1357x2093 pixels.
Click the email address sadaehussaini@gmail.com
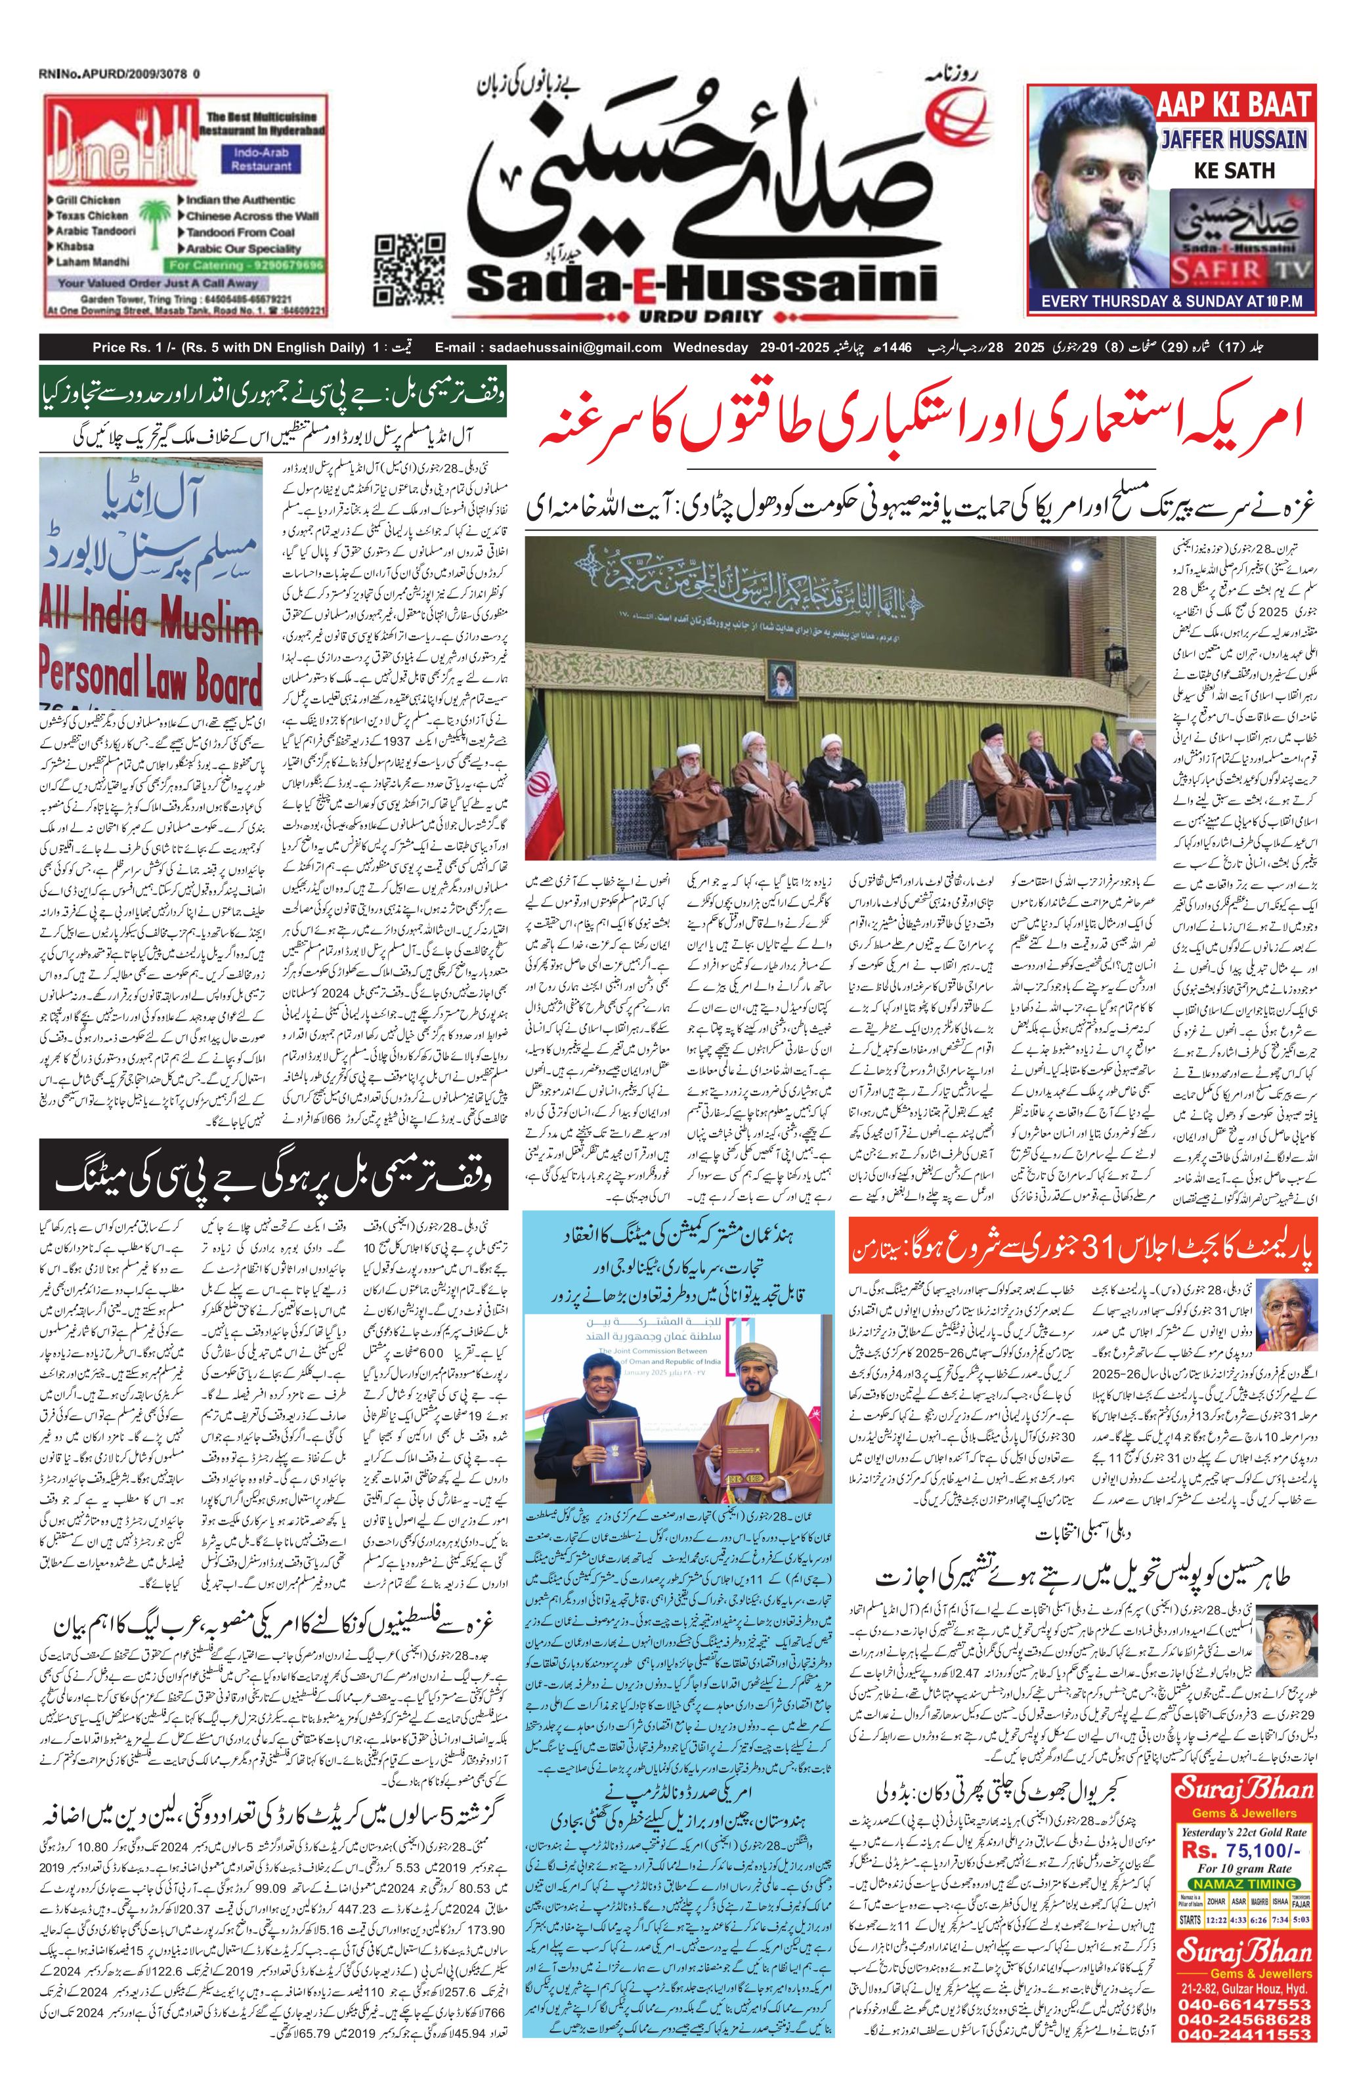[549, 349]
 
